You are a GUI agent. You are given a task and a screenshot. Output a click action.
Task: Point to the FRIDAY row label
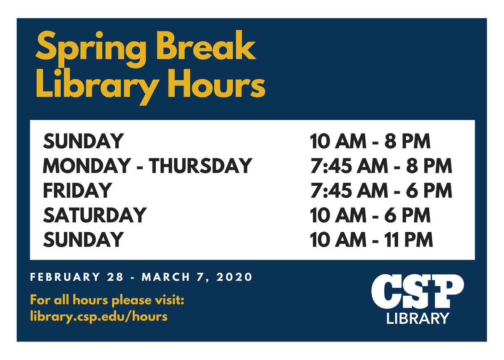click(77, 191)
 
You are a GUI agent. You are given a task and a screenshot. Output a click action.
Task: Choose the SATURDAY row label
click(94, 215)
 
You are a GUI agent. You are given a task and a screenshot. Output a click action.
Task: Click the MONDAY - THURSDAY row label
click(147, 166)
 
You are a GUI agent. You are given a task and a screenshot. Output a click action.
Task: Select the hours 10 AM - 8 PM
click(370, 142)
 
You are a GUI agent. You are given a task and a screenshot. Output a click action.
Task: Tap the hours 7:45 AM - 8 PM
click(381, 166)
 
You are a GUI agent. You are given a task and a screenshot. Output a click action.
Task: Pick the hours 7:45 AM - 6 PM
click(381, 191)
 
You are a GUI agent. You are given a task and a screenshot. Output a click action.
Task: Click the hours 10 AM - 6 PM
click(370, 215)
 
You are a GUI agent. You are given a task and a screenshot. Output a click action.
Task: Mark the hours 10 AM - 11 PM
click(371, 240)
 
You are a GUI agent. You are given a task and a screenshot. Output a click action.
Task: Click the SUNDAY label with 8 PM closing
click(83, 142)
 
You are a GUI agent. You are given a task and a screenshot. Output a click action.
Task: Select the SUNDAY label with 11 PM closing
click(83, 240)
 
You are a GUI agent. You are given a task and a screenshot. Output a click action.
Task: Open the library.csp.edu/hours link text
click(99, 316)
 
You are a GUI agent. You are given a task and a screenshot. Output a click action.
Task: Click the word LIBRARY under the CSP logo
click(417, 318)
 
